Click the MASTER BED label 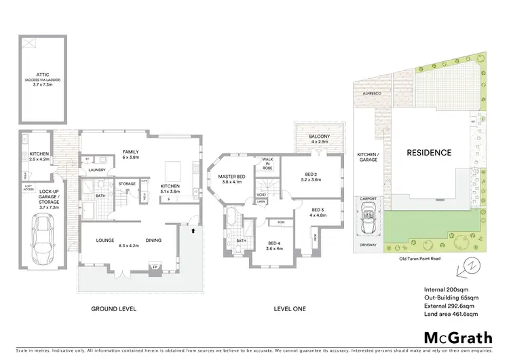tap(231, 176)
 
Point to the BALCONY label tap(319, 137)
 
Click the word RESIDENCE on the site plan tap(428, 153)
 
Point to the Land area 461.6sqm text tap(451, 314)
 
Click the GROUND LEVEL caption tap(113, 308)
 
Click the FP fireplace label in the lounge tap(155, 266)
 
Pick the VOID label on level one tap(261, 194)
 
